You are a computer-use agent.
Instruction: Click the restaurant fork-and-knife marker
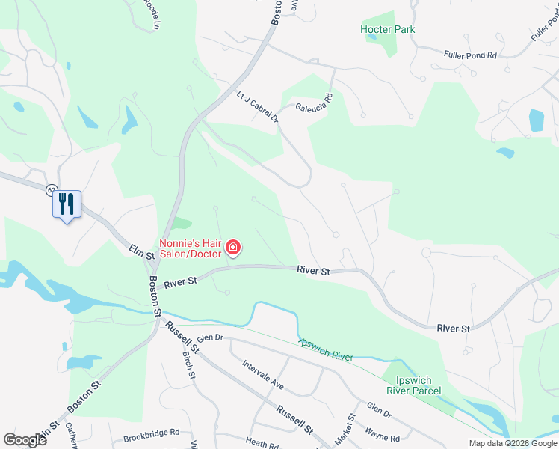click(x=67, y=203)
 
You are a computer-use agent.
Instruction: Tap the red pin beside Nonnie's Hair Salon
click(x=233, y=247)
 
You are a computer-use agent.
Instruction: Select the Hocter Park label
click(x=387, y=29)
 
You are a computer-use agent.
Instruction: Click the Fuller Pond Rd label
click(x=470, y=55)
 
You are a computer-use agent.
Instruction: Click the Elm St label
click(x=141, y=251)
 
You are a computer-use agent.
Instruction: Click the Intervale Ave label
click(x=263, y=375)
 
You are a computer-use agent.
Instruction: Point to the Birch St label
click(x=188, y=364)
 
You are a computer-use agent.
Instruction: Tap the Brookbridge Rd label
click(x=153, y=432)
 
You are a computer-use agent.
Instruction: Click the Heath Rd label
click(x=261, y=444)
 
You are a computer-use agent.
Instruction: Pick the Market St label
click(x=349, y=427)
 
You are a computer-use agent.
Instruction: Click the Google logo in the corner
click(x=25, y=439)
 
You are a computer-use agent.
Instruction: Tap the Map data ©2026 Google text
click(x=512, y=443)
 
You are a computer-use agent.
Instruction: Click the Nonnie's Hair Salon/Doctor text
click(x=191, y=248)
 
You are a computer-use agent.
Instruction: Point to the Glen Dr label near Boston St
click(x=210, y=337)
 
